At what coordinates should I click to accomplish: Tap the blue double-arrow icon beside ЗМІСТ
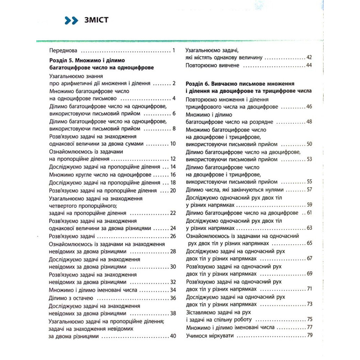[71, 21]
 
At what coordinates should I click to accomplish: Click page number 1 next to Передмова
[174, 51]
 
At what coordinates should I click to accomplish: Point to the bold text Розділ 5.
[60, 61]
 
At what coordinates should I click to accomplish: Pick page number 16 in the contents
[172, 175]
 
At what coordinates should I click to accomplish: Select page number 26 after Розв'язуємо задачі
[172, 236]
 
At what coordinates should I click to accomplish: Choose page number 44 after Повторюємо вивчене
[309, 65]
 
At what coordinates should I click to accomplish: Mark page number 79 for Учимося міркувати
[309, 336]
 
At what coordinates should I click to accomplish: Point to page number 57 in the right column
[309, 189]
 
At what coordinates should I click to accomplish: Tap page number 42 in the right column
[309, 58]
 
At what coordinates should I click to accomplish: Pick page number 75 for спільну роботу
[309, 319]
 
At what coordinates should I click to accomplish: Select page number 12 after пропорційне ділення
[172, 158]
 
